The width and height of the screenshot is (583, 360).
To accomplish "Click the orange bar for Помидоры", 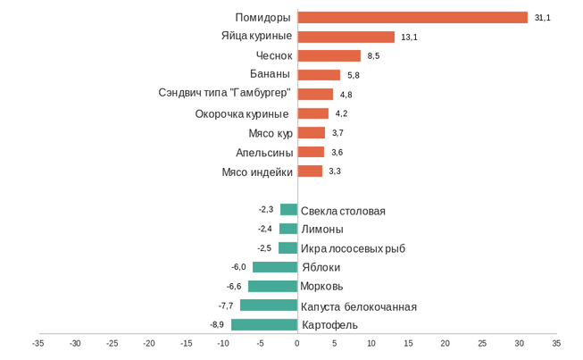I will pos(412,18).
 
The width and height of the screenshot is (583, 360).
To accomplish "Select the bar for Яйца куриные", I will pos(346,37).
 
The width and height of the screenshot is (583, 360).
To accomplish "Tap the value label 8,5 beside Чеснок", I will pos(374,56).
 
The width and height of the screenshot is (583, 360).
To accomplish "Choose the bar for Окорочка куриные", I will pos(312,113).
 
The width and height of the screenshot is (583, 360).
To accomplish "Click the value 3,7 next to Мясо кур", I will pos(337,133).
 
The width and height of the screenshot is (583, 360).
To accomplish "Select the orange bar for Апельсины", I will pos(311,152).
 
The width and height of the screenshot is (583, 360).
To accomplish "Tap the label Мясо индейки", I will pos(257,172).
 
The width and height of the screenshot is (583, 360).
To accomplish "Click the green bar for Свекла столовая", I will pos(288,210).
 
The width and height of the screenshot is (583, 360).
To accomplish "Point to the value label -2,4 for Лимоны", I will pos(265,229).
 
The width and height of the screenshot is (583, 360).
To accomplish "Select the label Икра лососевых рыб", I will pos(353,248).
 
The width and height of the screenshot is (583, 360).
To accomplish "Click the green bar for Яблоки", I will pos(275,267).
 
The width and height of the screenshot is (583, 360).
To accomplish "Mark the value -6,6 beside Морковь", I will pos(235,287).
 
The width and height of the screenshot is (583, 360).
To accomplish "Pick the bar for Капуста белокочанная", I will pos(269,306).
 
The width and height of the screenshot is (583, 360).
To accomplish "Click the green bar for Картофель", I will pos(264,324).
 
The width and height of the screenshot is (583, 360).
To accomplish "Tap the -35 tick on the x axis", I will pos(37,342).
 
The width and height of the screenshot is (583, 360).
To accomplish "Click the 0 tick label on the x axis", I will pos(297,342).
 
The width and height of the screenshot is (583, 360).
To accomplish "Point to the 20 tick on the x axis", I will pos(445,342).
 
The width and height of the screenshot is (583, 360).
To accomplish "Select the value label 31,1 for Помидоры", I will pos(542,18).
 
